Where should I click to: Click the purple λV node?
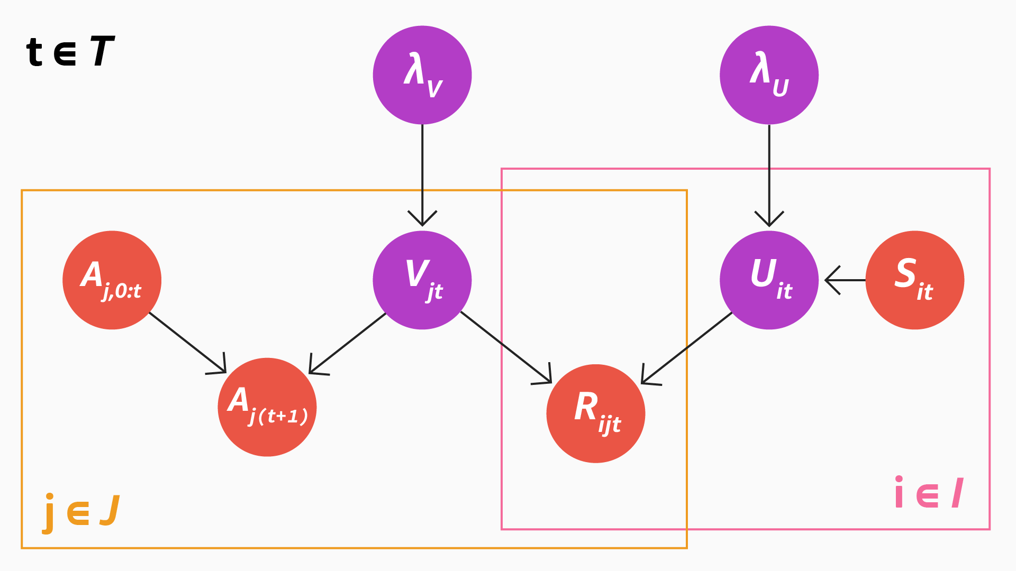click(x=422, y=75)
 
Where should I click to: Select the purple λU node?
click(x=769, y=75)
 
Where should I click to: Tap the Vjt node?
click(x=422, y=280)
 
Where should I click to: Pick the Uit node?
click(x=769, y=280)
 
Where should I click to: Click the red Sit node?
click(x=915, y=280)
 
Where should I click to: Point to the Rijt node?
click(x=596, y=413)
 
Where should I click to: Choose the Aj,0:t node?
click(x=112, y=280)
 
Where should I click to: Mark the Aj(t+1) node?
click(x=267, y=407)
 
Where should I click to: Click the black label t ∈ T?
click(x=70, y=52)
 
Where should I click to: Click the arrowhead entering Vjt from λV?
click(x=422, y=220)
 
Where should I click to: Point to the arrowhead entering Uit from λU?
click(x=769, y=220)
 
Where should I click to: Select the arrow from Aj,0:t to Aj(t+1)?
click(x=187, y=343)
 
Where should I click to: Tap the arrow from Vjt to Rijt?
click(x=505, y=347)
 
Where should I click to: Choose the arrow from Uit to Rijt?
click(x=687, y=348)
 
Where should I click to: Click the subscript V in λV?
click(x=434, y=89)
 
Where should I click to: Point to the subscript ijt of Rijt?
click(x=610, y=425)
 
